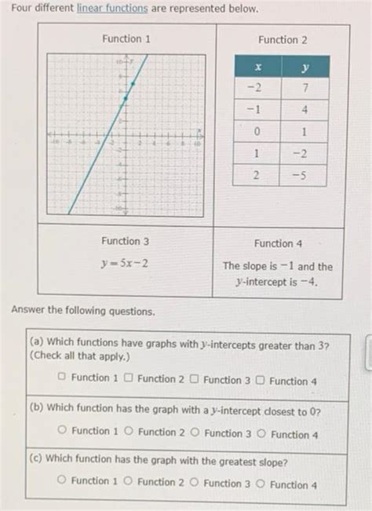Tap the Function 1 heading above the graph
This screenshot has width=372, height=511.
pos(126,38)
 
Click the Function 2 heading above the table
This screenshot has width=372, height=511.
pos(282,39)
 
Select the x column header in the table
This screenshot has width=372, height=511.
pos(257,68)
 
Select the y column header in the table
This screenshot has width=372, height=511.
pos(303,68)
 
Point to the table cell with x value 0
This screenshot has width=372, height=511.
pos(257,130)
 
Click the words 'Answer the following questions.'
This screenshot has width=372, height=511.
pos(83,312)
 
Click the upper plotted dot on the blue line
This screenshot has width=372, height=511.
pos(133,82)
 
